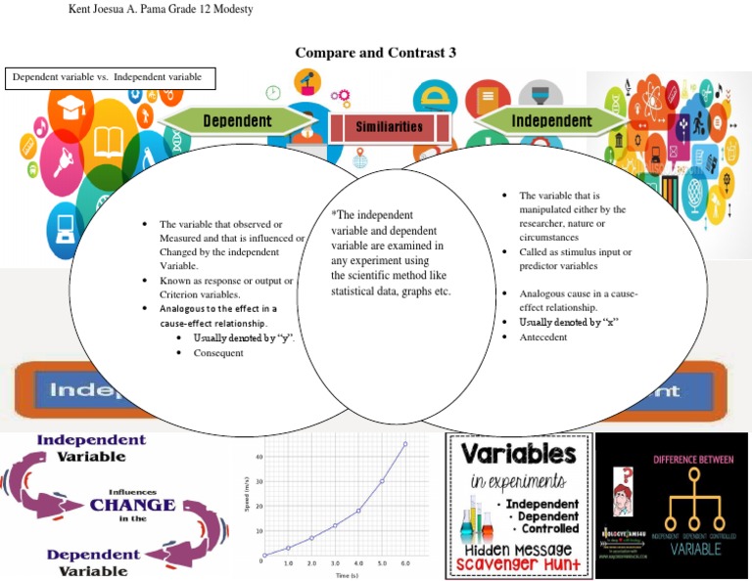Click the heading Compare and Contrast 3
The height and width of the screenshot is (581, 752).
click(x=376, y=53)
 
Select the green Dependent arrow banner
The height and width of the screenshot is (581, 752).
click(x=238, y=120)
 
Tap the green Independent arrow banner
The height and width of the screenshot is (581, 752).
click(x=551, y=121)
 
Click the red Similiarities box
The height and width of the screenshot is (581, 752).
click(x=390, y=127)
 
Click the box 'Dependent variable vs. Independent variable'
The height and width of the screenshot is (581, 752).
click(x=111, y=77)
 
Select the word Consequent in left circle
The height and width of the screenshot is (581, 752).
click(x=217, y=353)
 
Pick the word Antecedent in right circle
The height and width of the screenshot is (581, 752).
click(x=542, y=336)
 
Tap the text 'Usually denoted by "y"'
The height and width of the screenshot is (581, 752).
click(x=245, y=337)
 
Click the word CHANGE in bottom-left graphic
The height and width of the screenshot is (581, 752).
click(x=132, y=506)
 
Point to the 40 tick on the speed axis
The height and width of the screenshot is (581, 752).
click(x=258, y=457)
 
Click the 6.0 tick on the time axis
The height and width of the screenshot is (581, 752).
click(x=405, y=564)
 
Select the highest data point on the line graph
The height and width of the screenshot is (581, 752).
click(x=405, y=444)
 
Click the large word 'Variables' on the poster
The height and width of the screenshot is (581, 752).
click(x=519, y=454)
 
